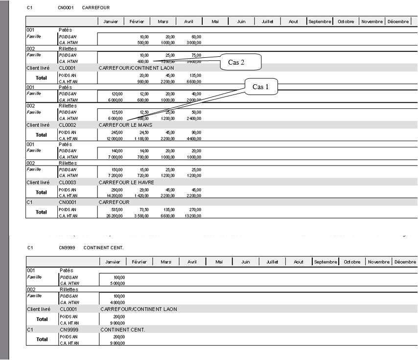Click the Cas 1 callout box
261,87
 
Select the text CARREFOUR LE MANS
125,125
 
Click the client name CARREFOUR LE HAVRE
126,182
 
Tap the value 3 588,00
141,215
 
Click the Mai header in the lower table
220,262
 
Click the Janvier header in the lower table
113,262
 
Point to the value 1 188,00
141,138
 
